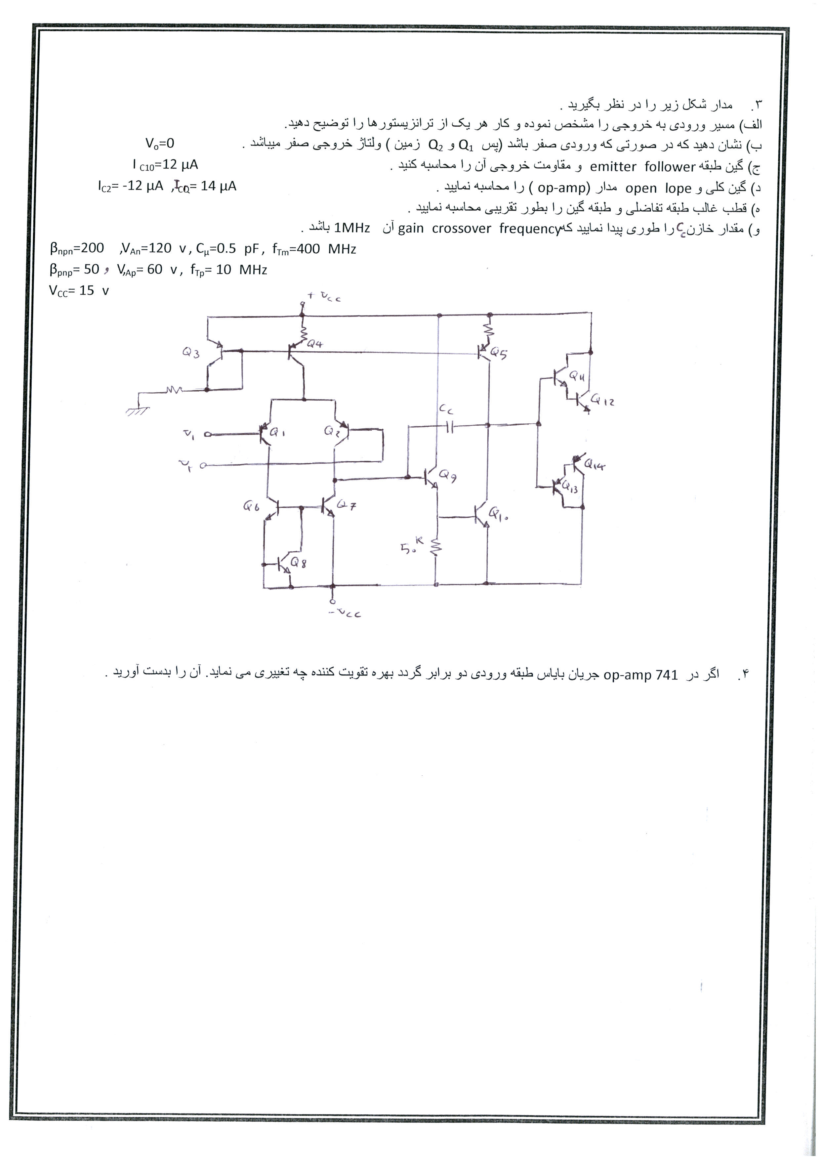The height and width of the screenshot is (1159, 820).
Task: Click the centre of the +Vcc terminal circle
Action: [303, 304]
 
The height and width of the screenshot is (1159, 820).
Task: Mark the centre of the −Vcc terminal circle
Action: [332, 601]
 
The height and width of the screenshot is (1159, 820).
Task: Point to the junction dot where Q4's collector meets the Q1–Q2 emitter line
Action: [304, 399]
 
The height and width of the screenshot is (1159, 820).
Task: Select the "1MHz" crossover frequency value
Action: [352, 228]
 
